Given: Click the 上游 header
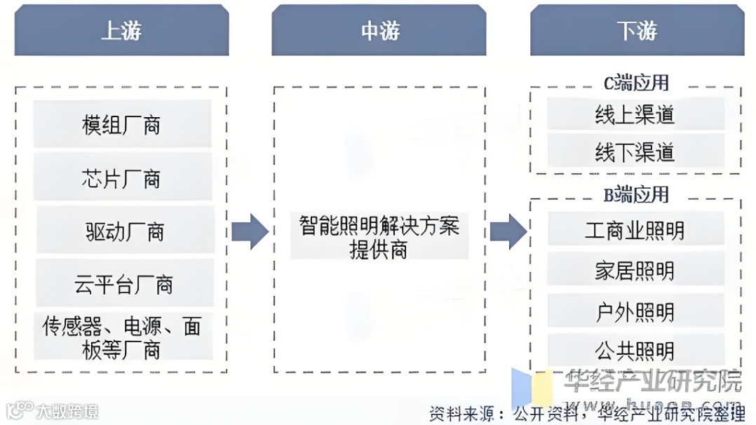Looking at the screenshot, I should (x=121, y=31).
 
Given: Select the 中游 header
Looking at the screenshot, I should (x=379, y=31).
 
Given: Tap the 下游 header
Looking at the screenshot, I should (x=637, y=31).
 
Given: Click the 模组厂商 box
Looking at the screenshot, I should (x=122, y=125).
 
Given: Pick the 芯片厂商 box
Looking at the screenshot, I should (x=122, y=178).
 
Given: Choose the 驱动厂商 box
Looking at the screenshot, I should (x=125, y=231).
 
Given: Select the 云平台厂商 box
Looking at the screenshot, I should (x=123, y=284).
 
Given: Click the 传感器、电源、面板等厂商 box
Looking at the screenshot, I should (x=122, y=337).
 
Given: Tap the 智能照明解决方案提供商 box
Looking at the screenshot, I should (x=379, y=237).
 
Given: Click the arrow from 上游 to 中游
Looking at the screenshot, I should (x=249, y=231).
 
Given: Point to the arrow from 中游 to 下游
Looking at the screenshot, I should (x=508, y=231).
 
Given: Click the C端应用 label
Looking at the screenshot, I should (x=636, y=83).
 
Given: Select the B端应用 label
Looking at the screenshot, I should (x=636, y=194).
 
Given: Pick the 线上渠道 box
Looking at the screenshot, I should (x=635, y=114).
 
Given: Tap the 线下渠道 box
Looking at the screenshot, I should (x=635, y=151).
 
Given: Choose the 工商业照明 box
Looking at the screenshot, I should (x=635, y=230).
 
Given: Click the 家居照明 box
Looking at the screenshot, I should (x=635, y=271).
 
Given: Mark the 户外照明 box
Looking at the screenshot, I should (x=635, y=311).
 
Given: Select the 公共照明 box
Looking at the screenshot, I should (x=635, y=350).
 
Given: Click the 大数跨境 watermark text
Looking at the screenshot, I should (x=67, y=410).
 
